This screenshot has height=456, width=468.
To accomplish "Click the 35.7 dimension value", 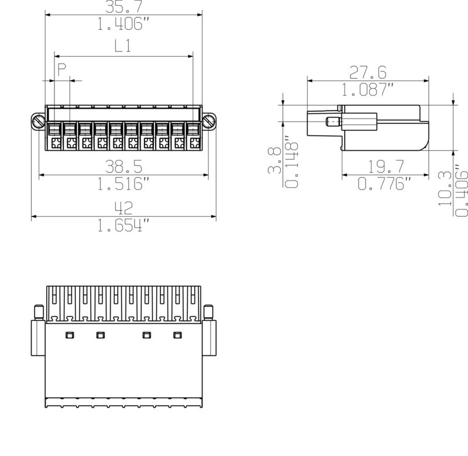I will coord(123,6).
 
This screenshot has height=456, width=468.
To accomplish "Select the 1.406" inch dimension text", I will coord(123,24).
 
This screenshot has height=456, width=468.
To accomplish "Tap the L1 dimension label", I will coord(122,47).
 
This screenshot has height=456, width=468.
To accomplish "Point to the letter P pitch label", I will coord(62,71).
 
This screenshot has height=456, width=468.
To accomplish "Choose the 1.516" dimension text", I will coord(123,184).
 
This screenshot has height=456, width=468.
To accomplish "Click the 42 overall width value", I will coord(123,208).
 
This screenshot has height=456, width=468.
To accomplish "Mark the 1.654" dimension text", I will coord(123,226).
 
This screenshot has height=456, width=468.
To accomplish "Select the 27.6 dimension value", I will coord(368,72).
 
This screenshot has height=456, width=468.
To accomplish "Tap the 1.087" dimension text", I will coord(368,90).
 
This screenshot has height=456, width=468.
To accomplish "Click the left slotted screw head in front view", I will coord(39,121).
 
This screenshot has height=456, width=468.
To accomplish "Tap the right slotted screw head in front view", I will coord(209,121).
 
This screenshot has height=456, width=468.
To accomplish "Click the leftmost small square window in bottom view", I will coord(69,335).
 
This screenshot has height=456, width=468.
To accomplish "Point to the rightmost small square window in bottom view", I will coord(177,335).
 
